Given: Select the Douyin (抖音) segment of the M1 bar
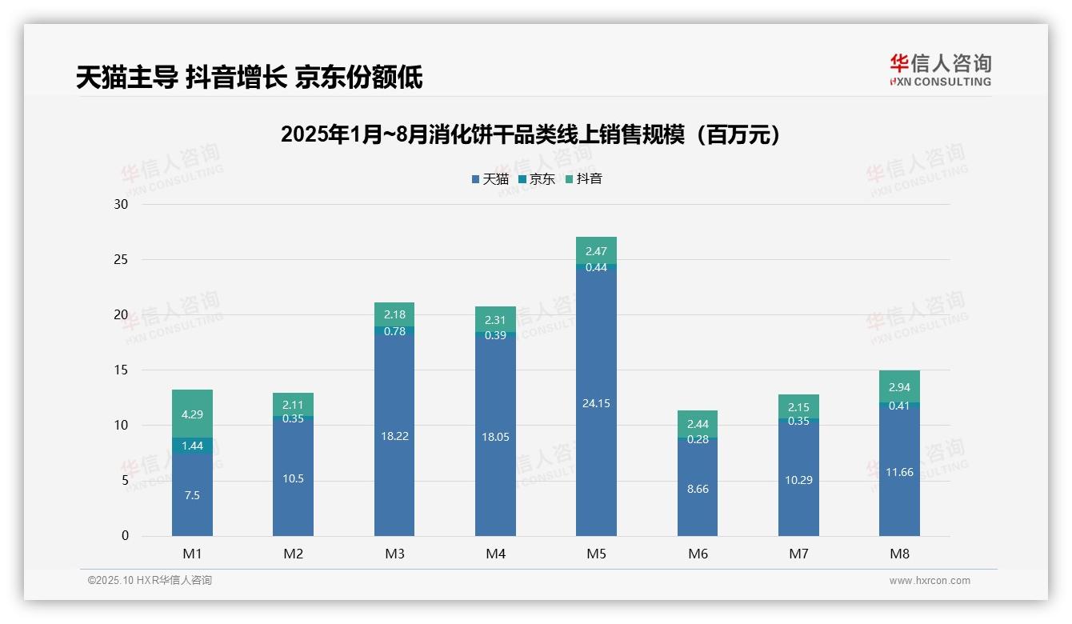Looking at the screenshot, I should pyautogui.click(x=192, y=414).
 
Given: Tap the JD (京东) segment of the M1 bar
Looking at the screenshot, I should pyautogui.click(x=192, y=446).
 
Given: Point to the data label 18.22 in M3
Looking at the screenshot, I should pyautogui.click(x=394, y=436).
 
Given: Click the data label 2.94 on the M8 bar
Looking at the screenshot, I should pyautogui.click(x=899, y=387).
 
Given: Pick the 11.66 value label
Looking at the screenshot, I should pyautogui.click(x=899, y=472).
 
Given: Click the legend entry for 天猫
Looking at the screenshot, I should pyautogui.click(x=490, y=179).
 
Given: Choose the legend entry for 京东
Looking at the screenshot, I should pyautogui.click(x=536, y=179).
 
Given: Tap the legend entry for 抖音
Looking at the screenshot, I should pyautogui.click(x=583, y=179).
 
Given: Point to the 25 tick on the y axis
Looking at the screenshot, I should pyautogui.click(x=121, y=259).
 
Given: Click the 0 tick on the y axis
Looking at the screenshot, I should pyautogui.click(x=125, y=536).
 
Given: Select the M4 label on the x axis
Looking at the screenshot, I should pyautogui.click(x=495, y=554).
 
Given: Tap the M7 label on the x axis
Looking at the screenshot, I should pyautogui.click(x=798, y=554).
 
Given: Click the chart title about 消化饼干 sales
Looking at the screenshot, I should pyautogui.click(x=530, y=134).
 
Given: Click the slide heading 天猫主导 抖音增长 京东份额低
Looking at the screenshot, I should pyautogui.click(x=249, y=78).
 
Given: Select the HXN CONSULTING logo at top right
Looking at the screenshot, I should pyautogui.click(x=940, y=70).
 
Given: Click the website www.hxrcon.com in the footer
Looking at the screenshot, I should pyautogui.click(x=930, y=581).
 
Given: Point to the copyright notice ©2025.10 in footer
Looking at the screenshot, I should pyautogui.click(x=150, y=581).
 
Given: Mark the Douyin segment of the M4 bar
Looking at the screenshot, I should pyautogui.click(x=495, y=319).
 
